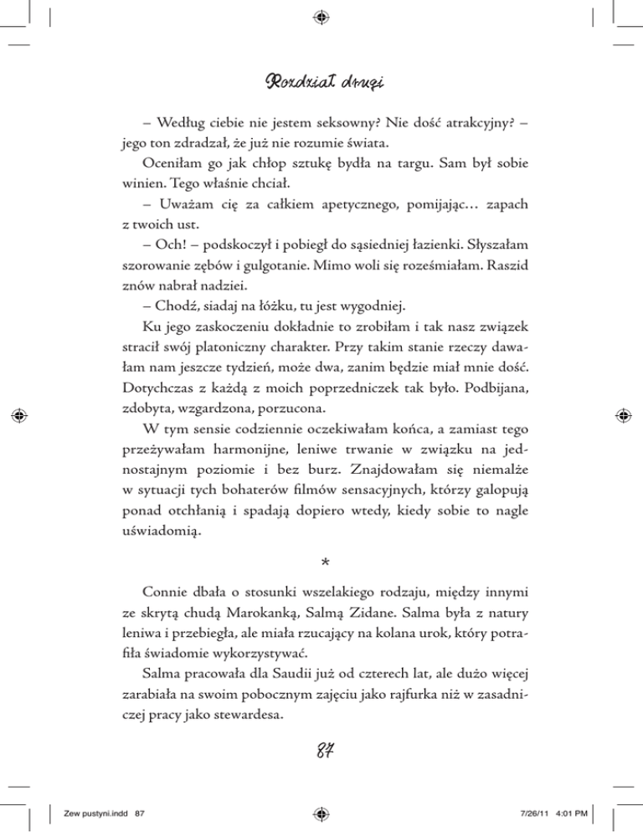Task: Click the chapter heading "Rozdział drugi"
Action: click(x=322, y=85)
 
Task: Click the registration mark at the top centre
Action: click(x=322, y=15)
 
